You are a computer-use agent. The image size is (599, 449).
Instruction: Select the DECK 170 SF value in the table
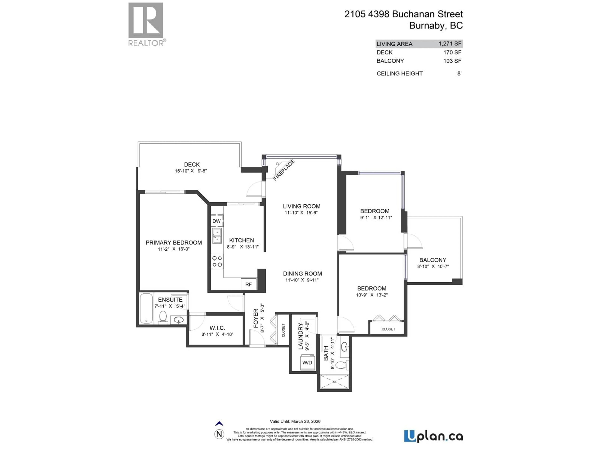pos(452,53)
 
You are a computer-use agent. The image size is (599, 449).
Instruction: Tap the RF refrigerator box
pos(248,285)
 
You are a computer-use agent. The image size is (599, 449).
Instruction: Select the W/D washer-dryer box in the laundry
pos(307,362)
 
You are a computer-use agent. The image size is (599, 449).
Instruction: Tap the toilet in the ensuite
pos(163,317)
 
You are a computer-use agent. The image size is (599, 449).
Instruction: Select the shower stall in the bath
pos(334,382)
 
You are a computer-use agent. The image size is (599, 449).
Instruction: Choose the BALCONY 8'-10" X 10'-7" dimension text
pos(433,266)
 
